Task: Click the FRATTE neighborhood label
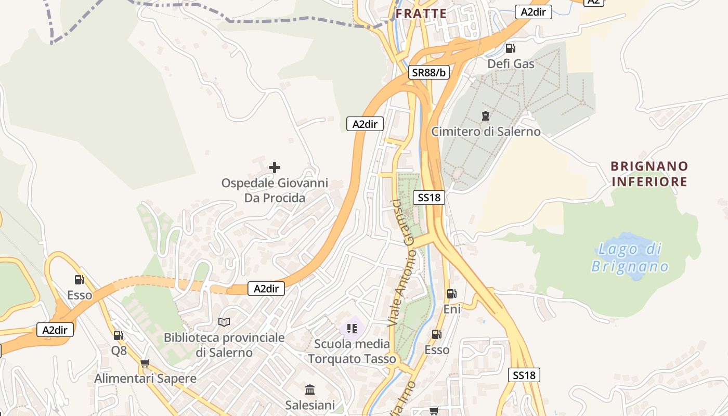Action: (421, 14)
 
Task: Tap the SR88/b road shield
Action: (428, 72)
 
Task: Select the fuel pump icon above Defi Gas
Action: (511, 49)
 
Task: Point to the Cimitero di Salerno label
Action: (486, 132)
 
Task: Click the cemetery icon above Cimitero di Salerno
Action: (486, 115)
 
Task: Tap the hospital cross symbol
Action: (275, 167)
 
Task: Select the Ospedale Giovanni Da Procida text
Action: (275, 190)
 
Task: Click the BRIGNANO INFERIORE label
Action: (649, 174)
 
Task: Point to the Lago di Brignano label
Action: (630, 258)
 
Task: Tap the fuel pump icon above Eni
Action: (452, 294)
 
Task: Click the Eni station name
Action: (452, 309)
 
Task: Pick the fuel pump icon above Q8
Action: (119, 335)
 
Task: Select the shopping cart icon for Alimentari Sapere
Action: (145, 363)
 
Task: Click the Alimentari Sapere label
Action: (145, 379)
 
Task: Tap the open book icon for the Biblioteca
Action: (224, 322)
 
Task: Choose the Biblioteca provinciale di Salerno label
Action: (224, 345)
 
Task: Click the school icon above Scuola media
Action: (352, 328)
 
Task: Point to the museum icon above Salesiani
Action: (310, 389)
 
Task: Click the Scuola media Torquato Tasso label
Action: (352, 352)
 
